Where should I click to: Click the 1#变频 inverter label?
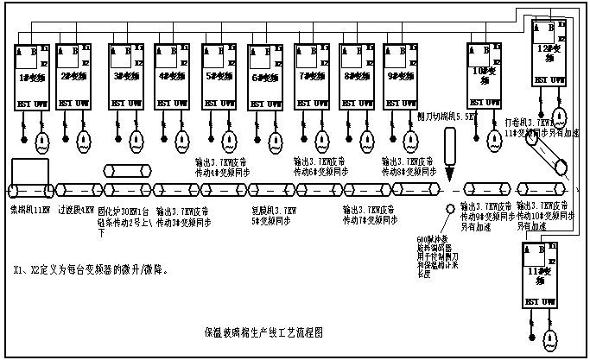click(x=31, y=77)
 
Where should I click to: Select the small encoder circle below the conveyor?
click(x=451, y=208)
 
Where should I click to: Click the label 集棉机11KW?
click(x=29, y=209)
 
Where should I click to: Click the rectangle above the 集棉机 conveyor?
click(x=31, y=169)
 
